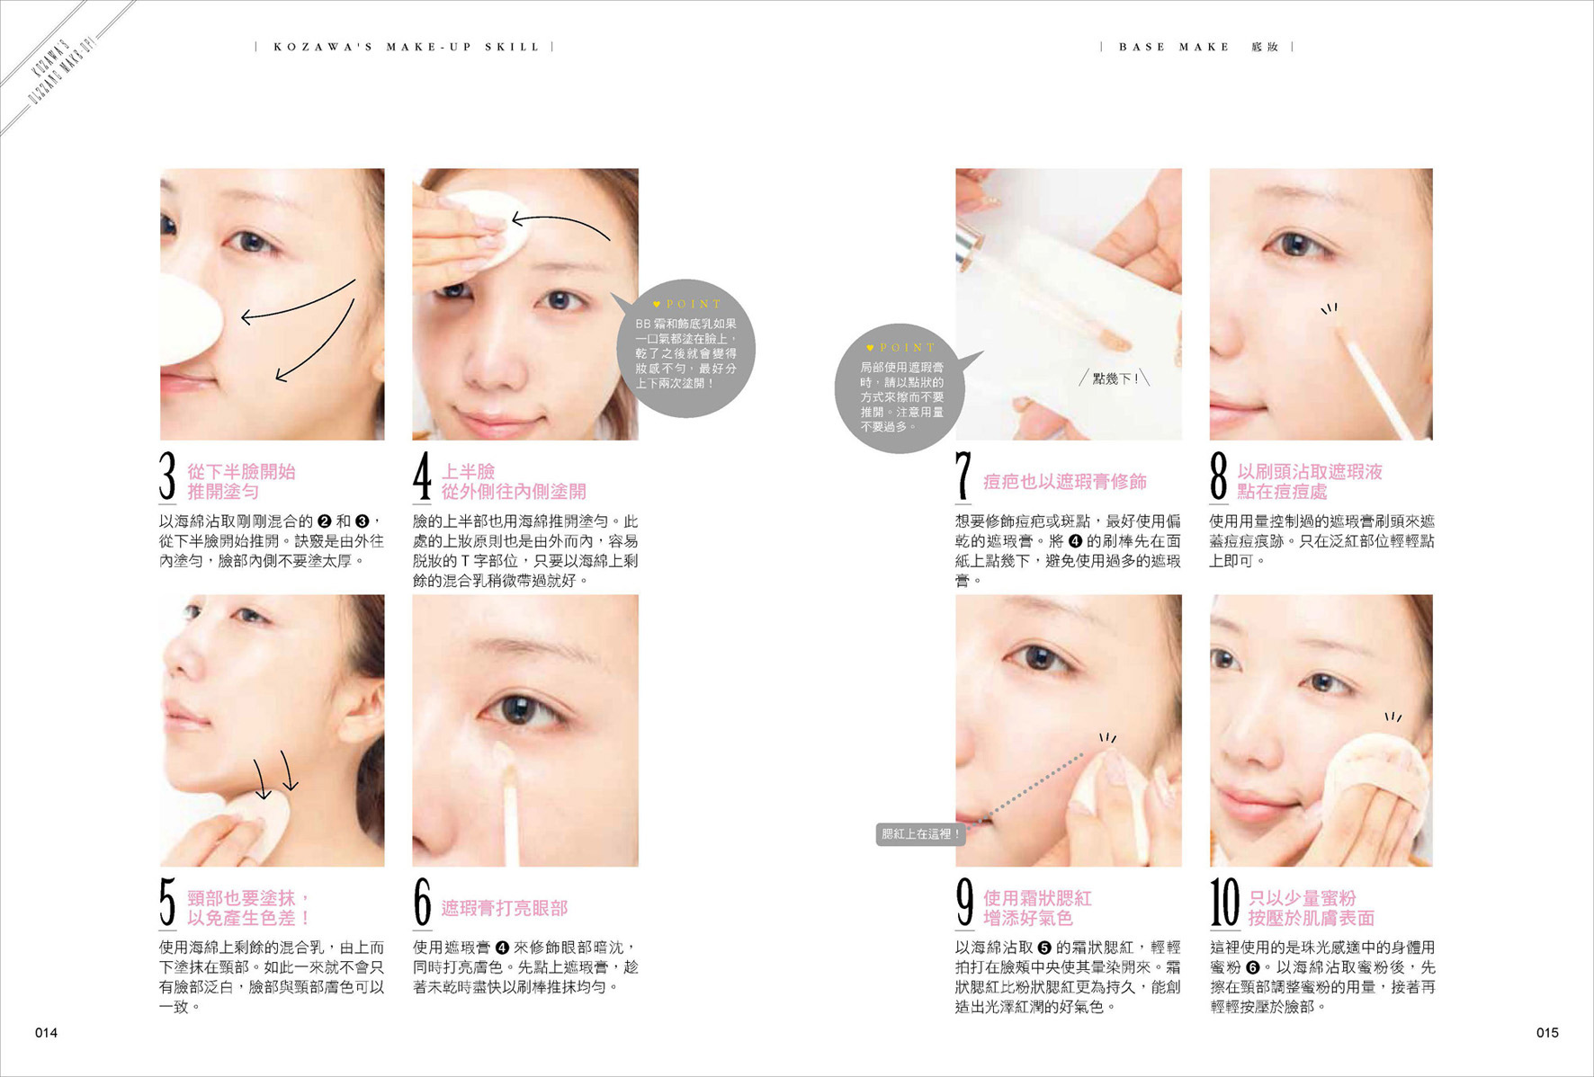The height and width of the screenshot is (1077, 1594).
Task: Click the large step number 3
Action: pos(167,476)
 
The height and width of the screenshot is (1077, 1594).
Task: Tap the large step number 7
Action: pos(963,476)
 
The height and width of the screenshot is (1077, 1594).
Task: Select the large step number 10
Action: pos(1224,902)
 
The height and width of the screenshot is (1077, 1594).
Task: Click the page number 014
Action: pos(46,1033)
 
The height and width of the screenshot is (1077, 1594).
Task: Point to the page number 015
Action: pos(1547,1033)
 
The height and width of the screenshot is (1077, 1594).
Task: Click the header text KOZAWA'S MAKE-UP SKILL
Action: pos(407,47)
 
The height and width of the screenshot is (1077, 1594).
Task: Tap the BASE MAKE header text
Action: pos(1174,47)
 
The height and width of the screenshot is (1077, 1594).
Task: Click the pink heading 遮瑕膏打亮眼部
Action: pos(505,908)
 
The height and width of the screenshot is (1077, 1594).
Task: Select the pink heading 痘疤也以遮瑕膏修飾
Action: pos(1065,482)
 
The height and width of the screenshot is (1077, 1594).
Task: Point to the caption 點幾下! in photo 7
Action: pos(1115,379)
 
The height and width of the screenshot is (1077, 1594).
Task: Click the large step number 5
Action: pos(167,902)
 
